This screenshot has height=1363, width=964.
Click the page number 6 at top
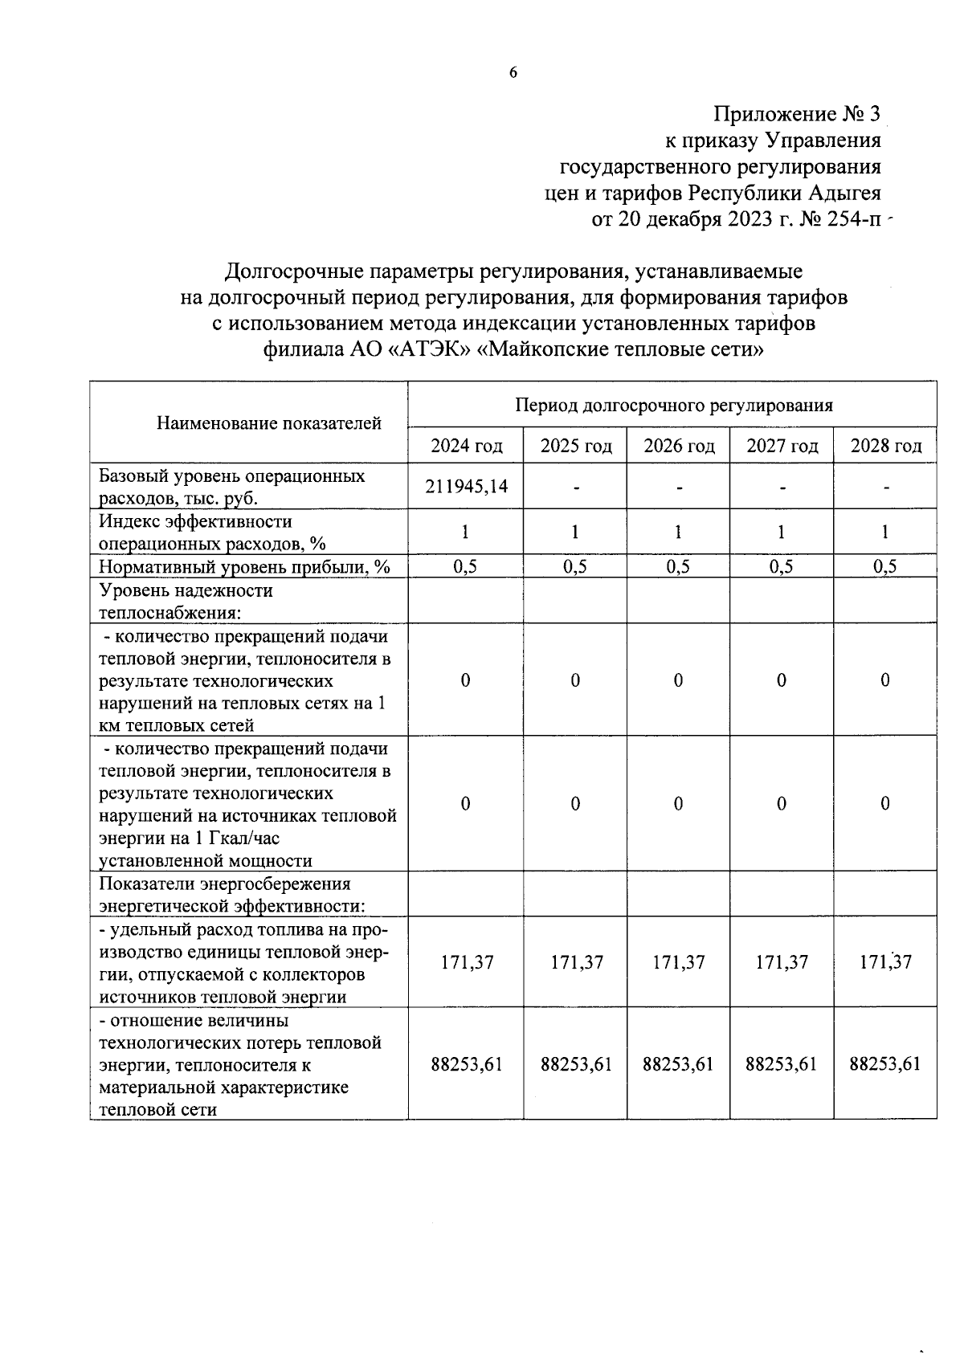click(x=513, y=73)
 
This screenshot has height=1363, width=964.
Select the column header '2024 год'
click(x=467, y=446)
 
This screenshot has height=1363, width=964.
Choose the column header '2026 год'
click(x=679, y=446)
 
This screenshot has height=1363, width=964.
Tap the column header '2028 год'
click(x=885, y=446)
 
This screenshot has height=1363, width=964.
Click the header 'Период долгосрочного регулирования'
click(x=673, y=405)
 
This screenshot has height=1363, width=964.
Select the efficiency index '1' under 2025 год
click(x=575, y=532)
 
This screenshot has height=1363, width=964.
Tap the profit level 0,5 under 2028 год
click(x=884, y=566)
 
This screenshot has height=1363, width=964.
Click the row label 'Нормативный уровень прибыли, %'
click(x=243, y=567)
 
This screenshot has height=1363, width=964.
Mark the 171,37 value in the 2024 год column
click(x=467, y=962)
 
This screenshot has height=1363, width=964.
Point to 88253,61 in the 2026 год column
click(x=678, y=1064)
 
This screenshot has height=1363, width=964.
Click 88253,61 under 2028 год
click(x=884, y=1064)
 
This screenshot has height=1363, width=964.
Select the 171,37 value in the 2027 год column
click(x=782, y=962)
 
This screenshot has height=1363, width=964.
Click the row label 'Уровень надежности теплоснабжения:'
click(x=186, y=602)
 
